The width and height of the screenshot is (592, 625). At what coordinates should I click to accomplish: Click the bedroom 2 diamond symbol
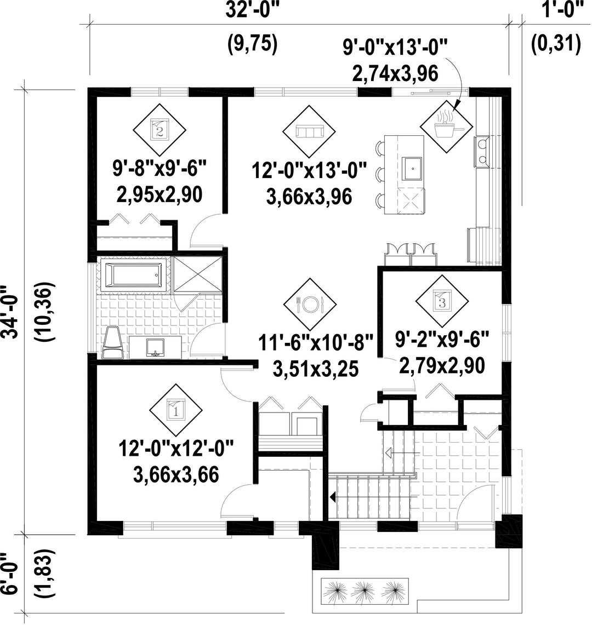pyautogui.click(x=160, y=130)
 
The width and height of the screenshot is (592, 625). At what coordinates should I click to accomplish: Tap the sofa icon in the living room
pyautogui.click(x=309, y=131)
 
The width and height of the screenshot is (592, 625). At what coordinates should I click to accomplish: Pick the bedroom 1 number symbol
pyautogui.click(x=176, y=410)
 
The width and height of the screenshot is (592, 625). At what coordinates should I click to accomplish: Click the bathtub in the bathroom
pyautogui.click(x=133, y=274)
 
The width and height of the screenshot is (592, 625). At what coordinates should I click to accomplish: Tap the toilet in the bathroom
pyautogui.click(x=112, y=342)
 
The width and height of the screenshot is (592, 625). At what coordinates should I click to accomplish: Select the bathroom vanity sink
pyautogui.click(x=156, y=347)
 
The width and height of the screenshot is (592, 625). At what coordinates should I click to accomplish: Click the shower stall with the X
pyautogui.click(x=198, y=275)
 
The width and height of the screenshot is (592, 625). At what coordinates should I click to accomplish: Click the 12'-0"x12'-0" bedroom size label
pyautogui.click(x=176, y=449)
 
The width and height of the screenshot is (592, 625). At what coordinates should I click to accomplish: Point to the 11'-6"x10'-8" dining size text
pyautogui.click(x=316, y=343)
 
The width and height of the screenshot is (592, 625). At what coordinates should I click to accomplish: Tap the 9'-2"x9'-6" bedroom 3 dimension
pyautogui.click(x=442, y=340)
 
